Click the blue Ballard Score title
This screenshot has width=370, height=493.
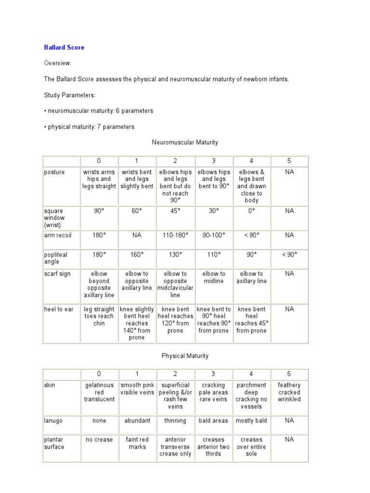tap(64, 48)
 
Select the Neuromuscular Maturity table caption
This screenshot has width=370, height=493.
tap(185, 143)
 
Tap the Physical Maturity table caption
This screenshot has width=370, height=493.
tap(185, 356)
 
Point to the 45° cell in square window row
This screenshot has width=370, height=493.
tap(175, 211)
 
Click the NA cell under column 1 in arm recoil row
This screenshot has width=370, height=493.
tap(137, 235)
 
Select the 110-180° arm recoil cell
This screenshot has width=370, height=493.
tap(175, 235)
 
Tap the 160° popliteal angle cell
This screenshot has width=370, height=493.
tap(137, 255)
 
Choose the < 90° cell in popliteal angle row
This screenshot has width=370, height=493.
tap(289, 255)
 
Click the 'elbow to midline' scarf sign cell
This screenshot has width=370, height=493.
tap(213, 277)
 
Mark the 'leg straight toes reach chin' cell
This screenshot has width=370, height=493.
tap(99, 316)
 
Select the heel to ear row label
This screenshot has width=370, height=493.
tap(58, 309)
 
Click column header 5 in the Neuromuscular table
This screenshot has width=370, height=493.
tap(289, 161)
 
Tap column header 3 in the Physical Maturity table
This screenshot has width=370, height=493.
tap(213, 374)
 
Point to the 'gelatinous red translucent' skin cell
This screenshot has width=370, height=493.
tap(99, 392)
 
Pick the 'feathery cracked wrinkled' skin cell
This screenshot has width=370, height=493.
tap(289, 392)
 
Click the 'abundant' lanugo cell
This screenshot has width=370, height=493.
tap(137, 421)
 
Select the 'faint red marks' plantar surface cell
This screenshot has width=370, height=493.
tap(137, 443)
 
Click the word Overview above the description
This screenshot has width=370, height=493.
tap(58, 63)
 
